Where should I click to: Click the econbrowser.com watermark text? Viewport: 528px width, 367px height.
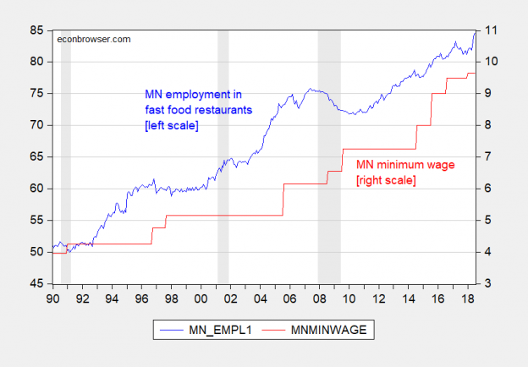93,38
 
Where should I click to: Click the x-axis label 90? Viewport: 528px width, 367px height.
52,299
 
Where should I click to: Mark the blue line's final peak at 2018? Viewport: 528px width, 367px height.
475,32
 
